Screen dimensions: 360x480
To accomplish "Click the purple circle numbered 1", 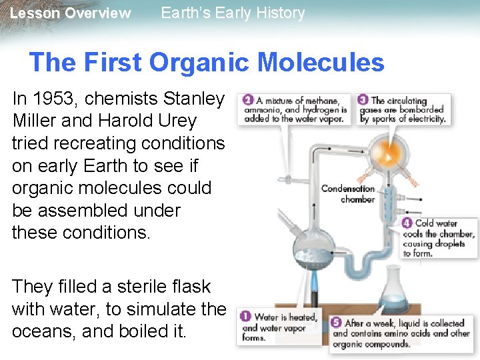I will point(245,317).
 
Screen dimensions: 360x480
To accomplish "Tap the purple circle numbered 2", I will point(247,100).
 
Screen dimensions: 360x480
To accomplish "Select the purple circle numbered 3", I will point(363,100).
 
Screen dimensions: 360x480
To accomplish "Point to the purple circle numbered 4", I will point(407,223).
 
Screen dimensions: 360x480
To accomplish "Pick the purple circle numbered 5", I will point(336,323).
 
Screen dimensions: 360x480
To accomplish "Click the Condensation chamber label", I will point(348,193).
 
